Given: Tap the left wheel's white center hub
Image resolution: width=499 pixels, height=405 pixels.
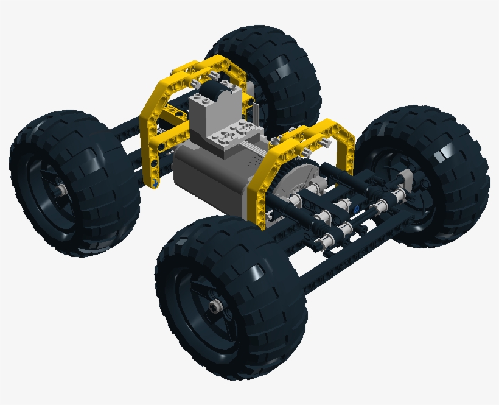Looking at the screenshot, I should [x=62, y=190].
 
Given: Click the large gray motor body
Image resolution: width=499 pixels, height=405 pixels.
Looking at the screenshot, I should [x=207, y=177].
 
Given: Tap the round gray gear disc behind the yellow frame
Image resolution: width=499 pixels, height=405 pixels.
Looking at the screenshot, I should [x=292, y=183].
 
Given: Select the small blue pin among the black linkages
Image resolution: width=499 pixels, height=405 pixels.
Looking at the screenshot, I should [x=355, y=209].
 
